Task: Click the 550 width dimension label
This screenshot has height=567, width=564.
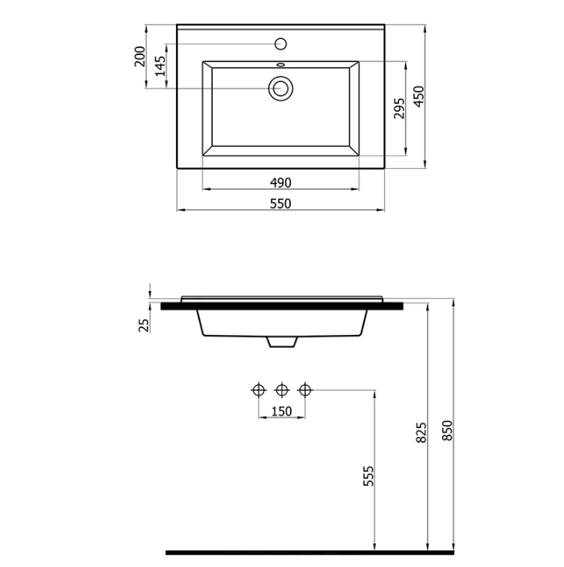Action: point(280,203)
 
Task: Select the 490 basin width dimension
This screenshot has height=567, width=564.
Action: point(280,183)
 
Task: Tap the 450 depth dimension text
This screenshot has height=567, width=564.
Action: point(419,96)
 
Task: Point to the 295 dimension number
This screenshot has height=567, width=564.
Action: point(399,108)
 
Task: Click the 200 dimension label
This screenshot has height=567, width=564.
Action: point(139,57)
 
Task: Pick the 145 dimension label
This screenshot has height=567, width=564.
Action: point(160,65)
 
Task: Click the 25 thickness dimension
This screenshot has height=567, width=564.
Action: point(144,325)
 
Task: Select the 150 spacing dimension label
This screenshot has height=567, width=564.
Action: point(281,411)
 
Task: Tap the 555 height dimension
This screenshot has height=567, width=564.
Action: point(368,476)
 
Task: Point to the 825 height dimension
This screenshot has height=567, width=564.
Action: point(421,432)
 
